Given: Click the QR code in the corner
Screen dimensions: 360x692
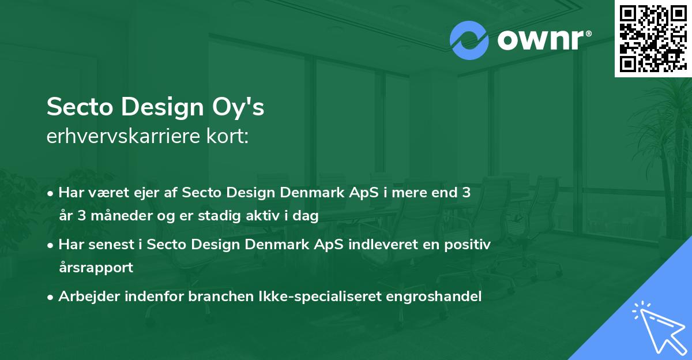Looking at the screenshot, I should pyautogui.click(x=653, y=39).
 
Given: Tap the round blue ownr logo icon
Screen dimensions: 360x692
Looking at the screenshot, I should pyautogui.click(x=469, y=40).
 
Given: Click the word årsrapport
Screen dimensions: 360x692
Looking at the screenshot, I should pyautogui.click(x=96, y=267).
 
